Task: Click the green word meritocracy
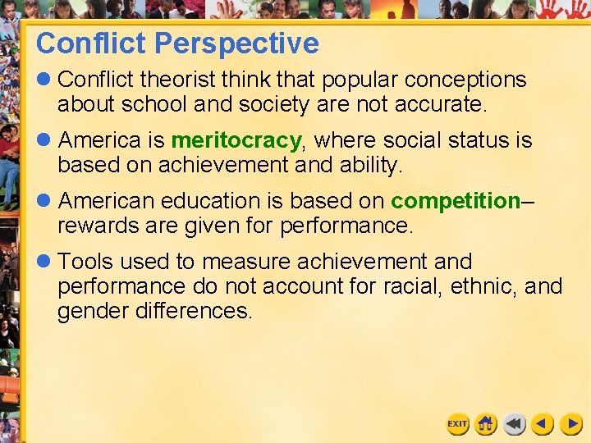pos(236,141)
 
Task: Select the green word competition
pos(456,201)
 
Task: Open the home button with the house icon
pos(486,423)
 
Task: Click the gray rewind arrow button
pos(514,423)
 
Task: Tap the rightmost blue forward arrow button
pos(571,423)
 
